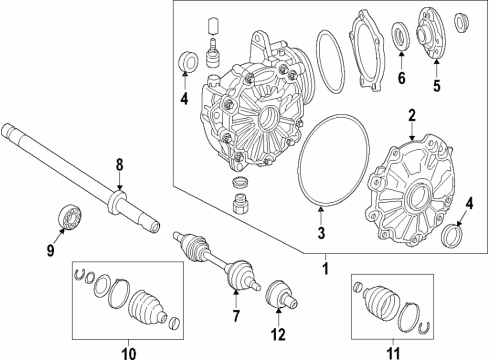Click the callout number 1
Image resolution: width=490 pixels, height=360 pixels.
[x=326, y=269]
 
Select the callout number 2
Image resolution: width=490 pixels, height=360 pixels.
[x=412, y=116]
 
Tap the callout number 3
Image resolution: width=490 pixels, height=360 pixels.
[x=321, y=233]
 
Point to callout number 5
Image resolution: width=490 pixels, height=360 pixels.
[x=437, y=86]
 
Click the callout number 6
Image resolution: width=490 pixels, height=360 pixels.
[x=402, y=78]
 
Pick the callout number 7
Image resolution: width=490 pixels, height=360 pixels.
[x=236, y=315]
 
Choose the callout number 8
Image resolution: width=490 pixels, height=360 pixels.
[x=119, y=165]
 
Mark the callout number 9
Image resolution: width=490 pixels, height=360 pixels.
[x=50, y=250]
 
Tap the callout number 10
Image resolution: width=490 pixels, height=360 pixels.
[x=129, y=353]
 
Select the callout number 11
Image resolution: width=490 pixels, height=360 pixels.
[x=393, y=353]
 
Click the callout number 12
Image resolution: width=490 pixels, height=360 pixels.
[x=278, y=334]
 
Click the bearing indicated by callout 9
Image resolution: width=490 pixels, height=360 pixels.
[x=70, y=216]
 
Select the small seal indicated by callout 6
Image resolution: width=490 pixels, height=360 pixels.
[x=401, y=36]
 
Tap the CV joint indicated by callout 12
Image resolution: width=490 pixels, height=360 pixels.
[x=282, y=295]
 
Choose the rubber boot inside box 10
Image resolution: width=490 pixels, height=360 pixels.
[x=147, y=307]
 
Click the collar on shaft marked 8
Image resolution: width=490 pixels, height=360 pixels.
[x=117, y=201]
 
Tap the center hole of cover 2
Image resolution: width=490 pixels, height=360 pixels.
[x=418, y=199]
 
